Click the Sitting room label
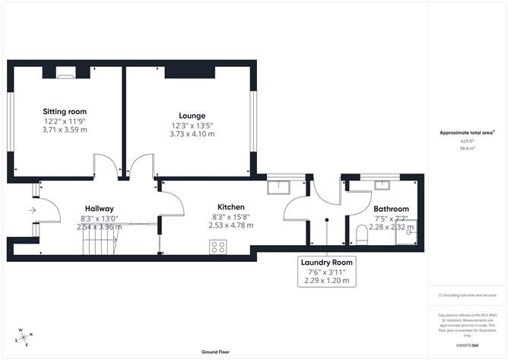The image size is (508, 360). coord(64,110)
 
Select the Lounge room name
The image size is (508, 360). coord(192,116)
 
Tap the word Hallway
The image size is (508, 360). coord(100,209)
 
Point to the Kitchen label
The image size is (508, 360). coord(230,207)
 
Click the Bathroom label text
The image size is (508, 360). coord(391,209)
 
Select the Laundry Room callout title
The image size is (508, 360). coord(327,262)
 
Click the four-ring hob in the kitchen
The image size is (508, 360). coord(217,246)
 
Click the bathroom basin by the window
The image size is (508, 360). coord(379,184)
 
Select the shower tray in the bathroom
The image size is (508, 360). coord(408,235)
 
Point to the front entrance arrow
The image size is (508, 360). coord(33,210)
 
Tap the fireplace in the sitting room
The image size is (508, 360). coord(65,74)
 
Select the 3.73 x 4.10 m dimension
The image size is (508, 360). coord(192,134)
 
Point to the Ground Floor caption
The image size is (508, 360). coord(216,352)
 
